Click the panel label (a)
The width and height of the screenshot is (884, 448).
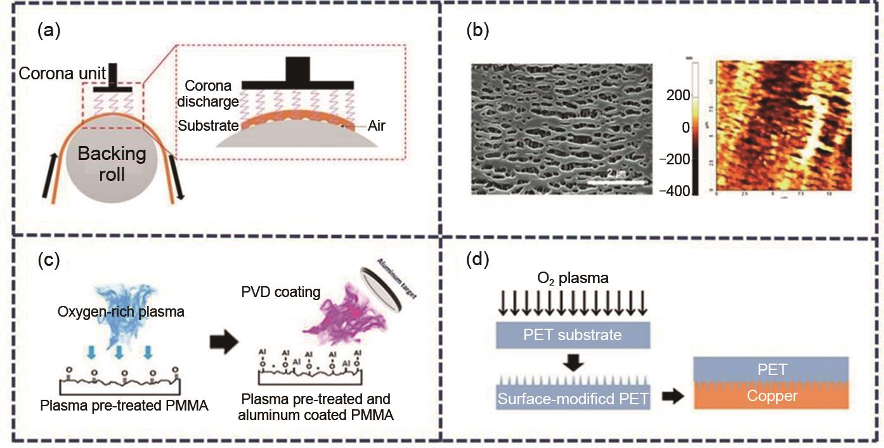pyautogui.click(x=49, y=31)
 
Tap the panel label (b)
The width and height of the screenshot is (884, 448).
pyautogui.click(x=477, y=31)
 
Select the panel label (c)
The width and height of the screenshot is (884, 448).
pyautogui.click(x=49, y=261)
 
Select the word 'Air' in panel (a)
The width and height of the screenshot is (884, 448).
pyautogui.click(x=375, y=126)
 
